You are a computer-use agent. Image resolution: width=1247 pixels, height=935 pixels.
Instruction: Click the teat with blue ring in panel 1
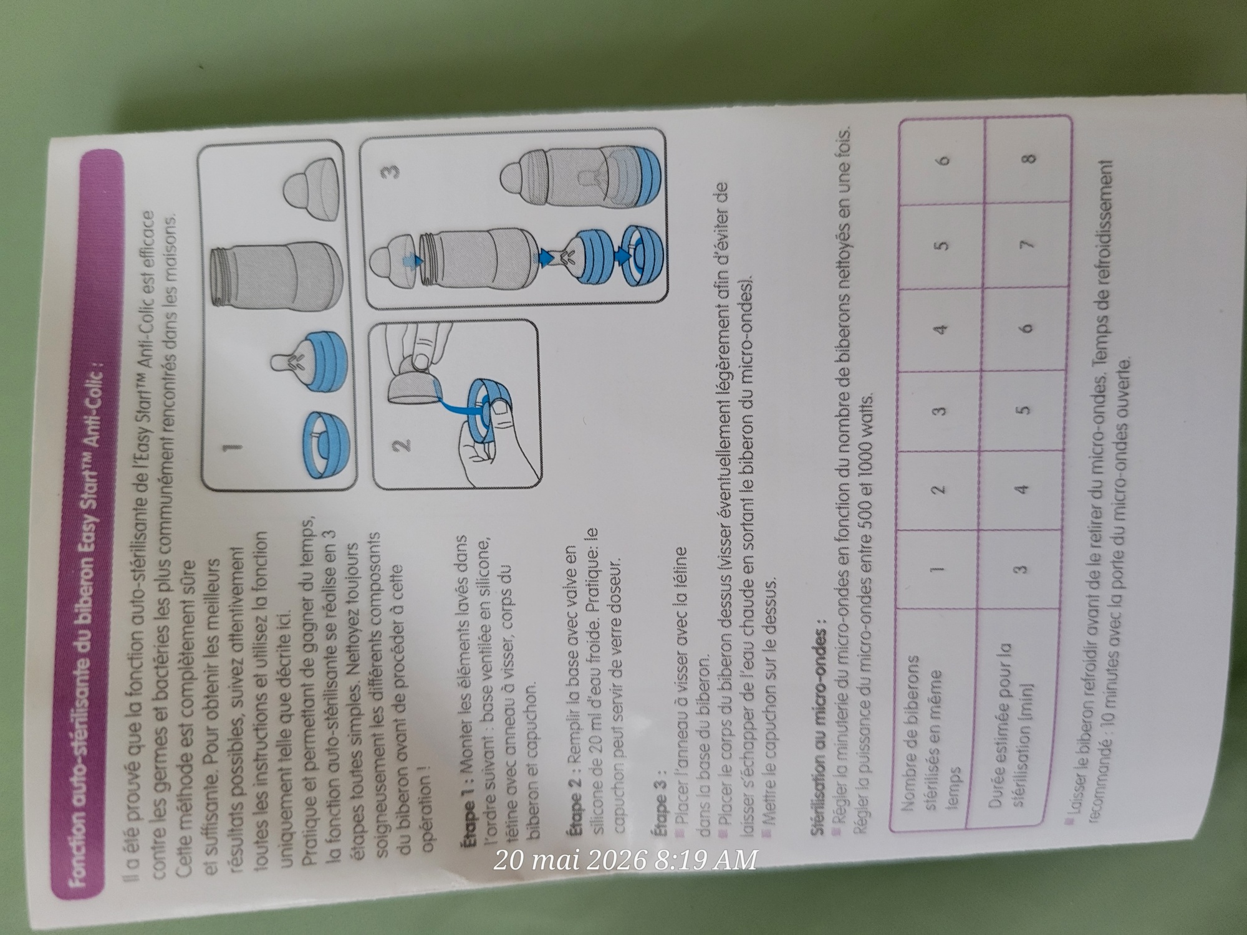coord(312,368)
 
